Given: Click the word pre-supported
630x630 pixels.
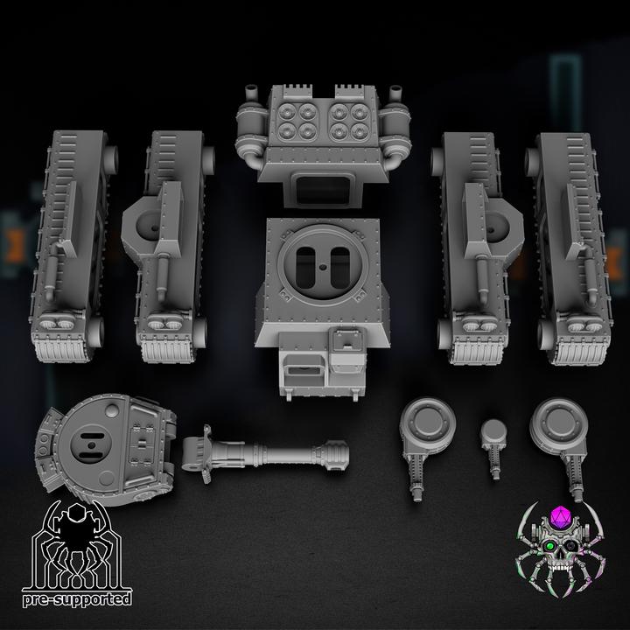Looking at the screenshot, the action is (x=77, y=599).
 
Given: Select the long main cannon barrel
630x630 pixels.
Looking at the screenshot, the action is (x=265, y=454).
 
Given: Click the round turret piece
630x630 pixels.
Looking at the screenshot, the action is (x=106, y=448).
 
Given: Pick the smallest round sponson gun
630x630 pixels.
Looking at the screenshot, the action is (x=494, y=448).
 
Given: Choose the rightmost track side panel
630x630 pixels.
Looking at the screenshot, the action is (x=570, y=248).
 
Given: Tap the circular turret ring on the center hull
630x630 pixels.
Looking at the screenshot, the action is (x=323, y=262).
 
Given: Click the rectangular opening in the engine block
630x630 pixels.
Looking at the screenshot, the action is (x=323, y=188).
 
